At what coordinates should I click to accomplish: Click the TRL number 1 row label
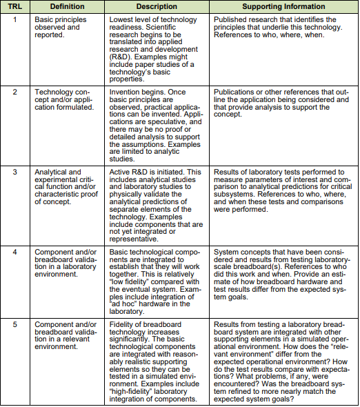[15, 20]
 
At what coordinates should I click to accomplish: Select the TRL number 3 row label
[15, 172]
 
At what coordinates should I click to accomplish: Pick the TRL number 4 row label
[15, 252]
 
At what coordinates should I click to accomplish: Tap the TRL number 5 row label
[15, 324]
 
